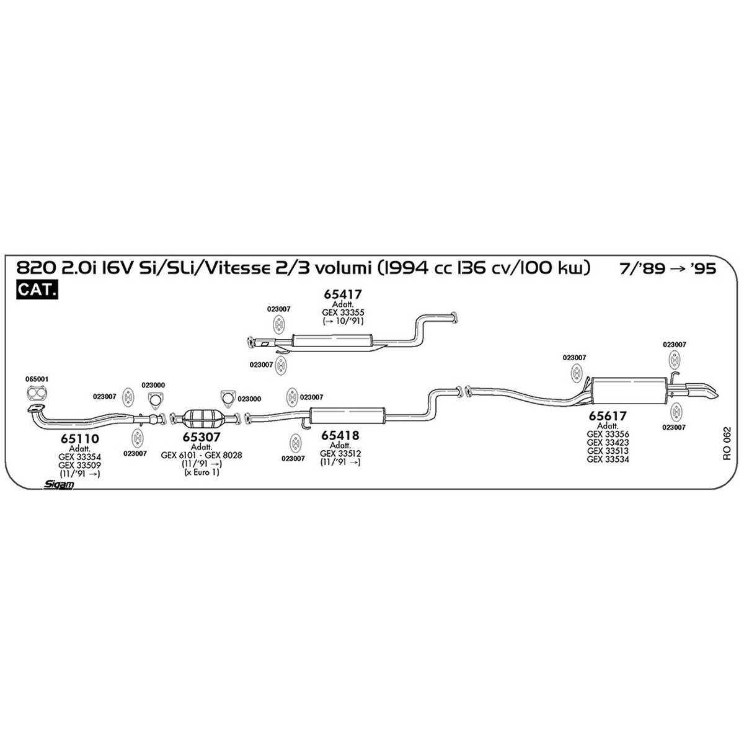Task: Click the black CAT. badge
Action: [37, 290]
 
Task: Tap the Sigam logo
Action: [58, 484]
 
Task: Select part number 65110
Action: [80, 438]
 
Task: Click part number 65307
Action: [201, 436]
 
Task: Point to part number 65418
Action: [340, 435]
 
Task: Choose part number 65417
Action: [342, 294]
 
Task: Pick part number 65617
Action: [608, 416]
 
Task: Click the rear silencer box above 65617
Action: [629, 391]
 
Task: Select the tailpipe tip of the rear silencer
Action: [702, 391]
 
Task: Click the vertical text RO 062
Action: [727, 443]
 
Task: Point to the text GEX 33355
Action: [343, 312]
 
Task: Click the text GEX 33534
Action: [608, 459]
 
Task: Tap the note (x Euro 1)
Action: [201, 472]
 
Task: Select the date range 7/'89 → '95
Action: [668, 268]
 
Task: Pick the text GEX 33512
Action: [340, 454]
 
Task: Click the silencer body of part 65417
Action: [332, 341]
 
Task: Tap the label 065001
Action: [37, 379]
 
